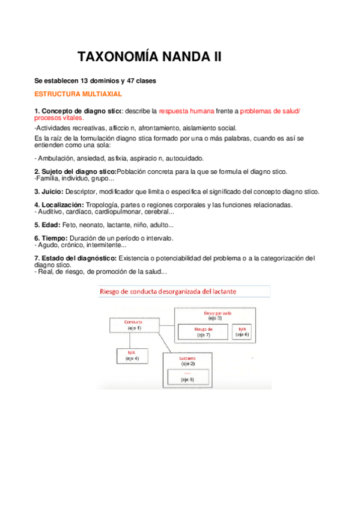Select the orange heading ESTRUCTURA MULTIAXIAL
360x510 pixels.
(79, 94)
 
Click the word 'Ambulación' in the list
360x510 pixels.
(57, 158)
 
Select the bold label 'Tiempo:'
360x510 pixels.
(50, 238)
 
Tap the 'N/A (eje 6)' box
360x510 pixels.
(242, 333)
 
